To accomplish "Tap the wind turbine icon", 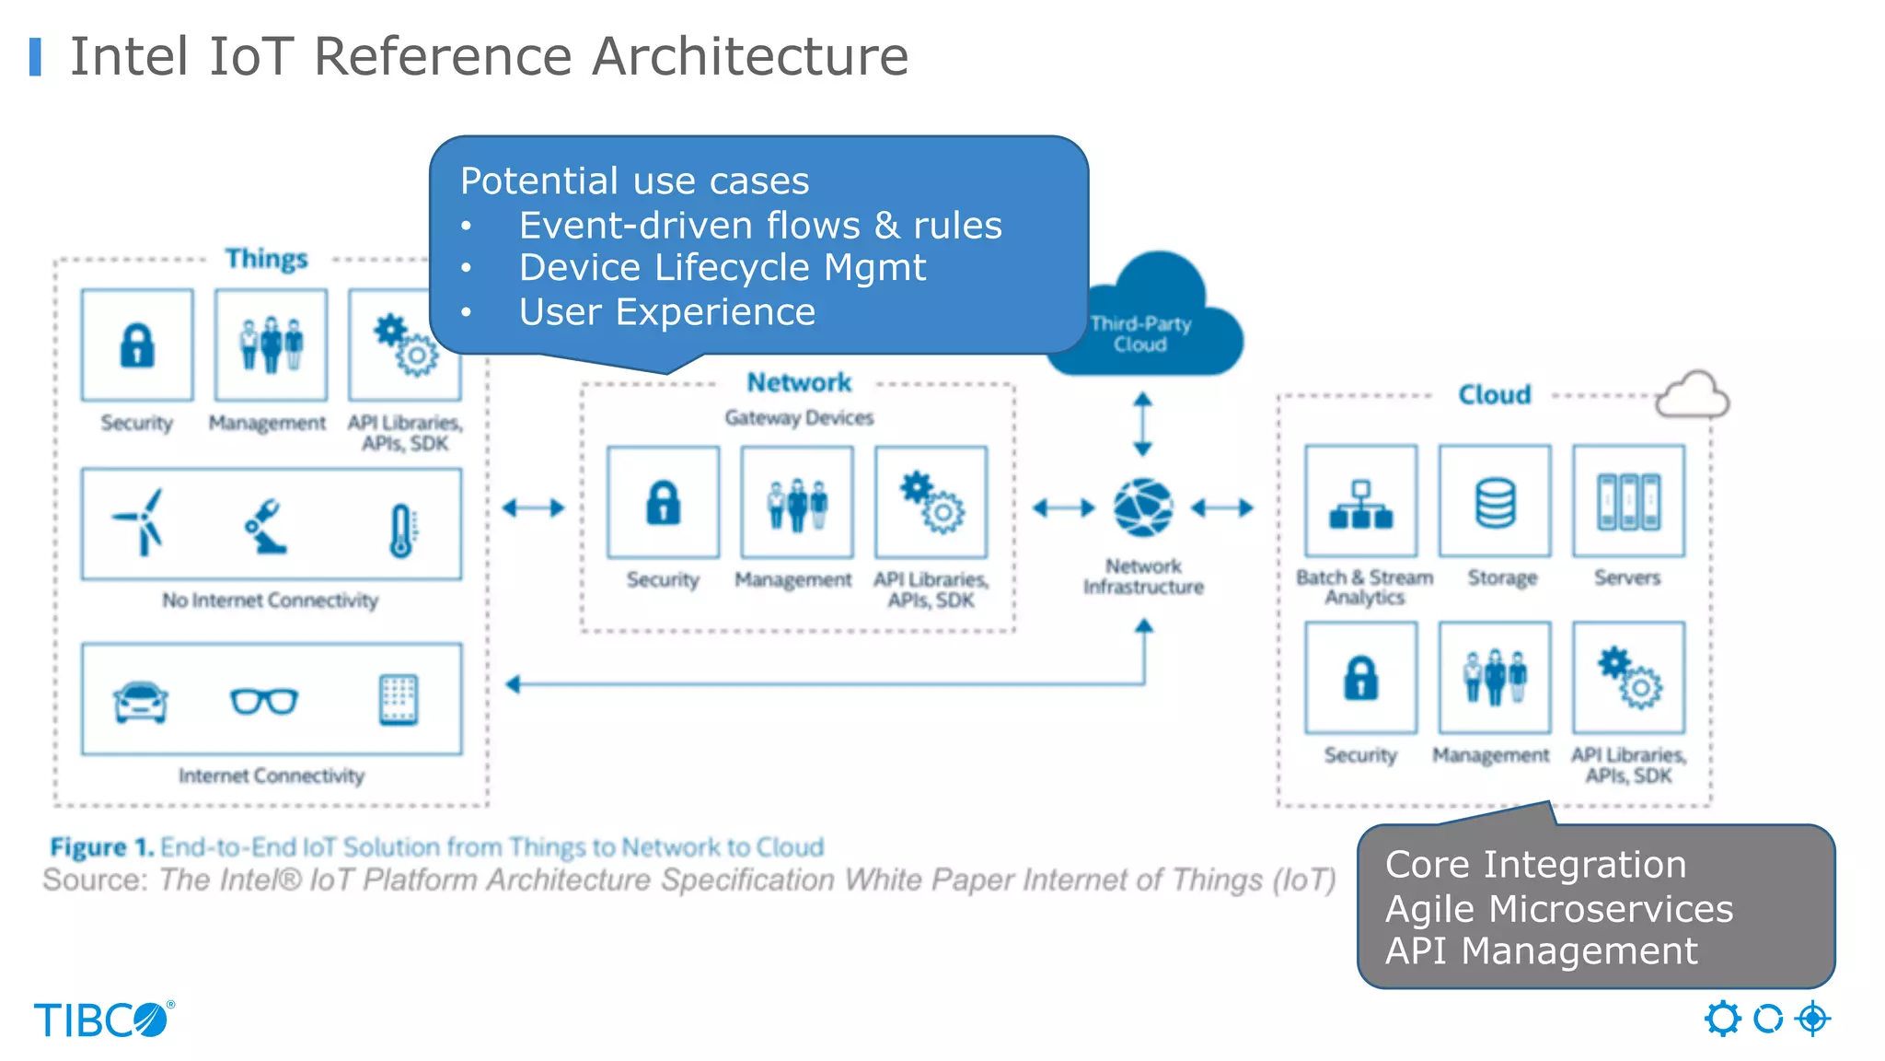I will tap(140, 522).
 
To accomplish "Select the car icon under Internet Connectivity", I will tap(140, 702).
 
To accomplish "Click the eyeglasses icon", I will tap(264, 702).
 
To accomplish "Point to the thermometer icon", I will tap(401, 530).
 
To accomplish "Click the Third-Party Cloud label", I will tap(1140, 334).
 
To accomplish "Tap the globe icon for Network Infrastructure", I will tap(1142, 507).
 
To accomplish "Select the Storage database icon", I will tap(1495, 503).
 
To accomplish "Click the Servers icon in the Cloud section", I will tap(1628, 502).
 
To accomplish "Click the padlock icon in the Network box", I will tap(663, 503).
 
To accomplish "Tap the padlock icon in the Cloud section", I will tap(1360, 679).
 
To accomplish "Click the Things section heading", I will tap(266, 259).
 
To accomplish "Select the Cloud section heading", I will tap(1494, 395).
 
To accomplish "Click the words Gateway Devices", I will tap(798, 418).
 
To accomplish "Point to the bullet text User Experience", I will tap(666, 312).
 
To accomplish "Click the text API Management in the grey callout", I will tap(1541, 950).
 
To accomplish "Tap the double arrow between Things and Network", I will tap(533, 507).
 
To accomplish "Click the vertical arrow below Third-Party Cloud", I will tap(1142, 424).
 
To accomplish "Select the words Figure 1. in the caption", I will tap(101, 846).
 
